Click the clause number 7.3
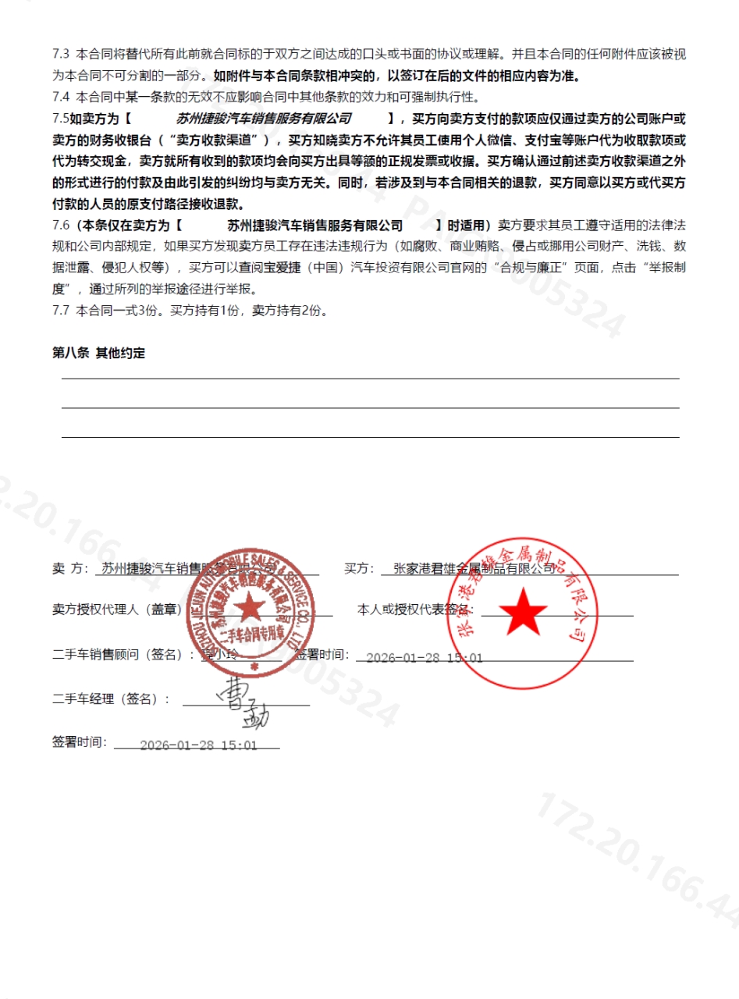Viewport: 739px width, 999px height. point(61,55)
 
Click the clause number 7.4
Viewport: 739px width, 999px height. point(61,98)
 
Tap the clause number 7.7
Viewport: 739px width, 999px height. point(61,310)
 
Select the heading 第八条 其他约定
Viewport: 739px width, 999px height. point(98,353)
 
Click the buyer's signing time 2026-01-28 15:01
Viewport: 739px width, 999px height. point(425,657)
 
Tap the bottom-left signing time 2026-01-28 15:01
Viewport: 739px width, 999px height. point(198,745)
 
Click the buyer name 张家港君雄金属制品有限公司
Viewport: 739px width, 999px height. point(474,569)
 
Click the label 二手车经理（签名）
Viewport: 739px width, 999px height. point(110,699)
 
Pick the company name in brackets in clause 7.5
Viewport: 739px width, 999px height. point(264,119)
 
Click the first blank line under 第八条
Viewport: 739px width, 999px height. point(370,379)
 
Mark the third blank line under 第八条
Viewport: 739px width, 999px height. point(370,437)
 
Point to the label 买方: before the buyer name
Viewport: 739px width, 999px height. point(360,569)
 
